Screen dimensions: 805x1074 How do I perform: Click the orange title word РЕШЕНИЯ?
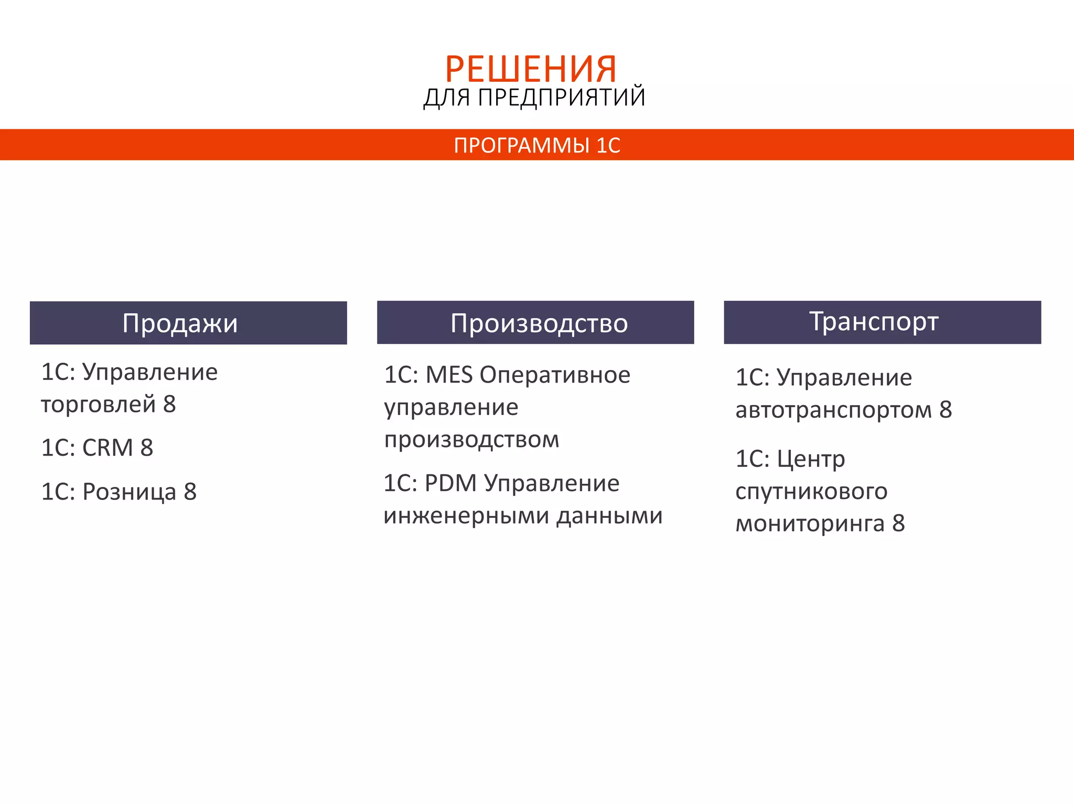coord(531,69)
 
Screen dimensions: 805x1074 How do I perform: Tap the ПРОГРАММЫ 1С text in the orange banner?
coord(537,145)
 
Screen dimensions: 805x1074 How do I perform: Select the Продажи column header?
coord(180,323)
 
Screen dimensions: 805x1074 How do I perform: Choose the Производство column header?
coord(539,323)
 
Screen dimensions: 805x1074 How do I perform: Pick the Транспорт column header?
coord(874,321)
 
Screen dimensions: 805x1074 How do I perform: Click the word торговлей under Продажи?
coord(99,405)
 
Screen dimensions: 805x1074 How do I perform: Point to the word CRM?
coord(108,448)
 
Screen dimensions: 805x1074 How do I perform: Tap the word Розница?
coord(129,492)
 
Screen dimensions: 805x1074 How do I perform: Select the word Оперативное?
coord(555,375)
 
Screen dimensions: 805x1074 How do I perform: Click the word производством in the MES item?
coord(471,440)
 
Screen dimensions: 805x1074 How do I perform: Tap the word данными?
coord(609,516)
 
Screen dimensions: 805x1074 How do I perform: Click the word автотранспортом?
coord(833,410)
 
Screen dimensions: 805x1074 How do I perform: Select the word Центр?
coord(811,460)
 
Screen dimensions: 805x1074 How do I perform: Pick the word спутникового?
coord(811,492)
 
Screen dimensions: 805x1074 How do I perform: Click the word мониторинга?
coord(810,524)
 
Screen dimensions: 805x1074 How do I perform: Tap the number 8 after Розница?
coord(190,492)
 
